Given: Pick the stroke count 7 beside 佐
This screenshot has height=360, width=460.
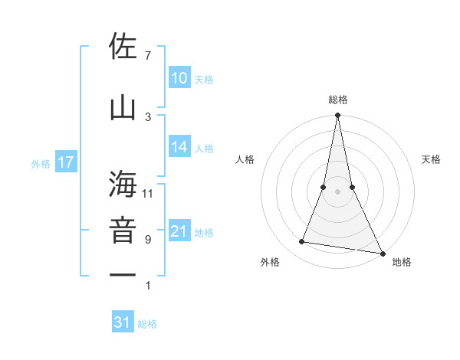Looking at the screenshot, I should pyautogui.click(x=148, y=55).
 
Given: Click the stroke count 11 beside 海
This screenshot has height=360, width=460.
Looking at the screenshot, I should pyautogui.click(x=148, y=193).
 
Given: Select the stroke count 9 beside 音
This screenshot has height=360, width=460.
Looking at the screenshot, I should pyautogui.click(x=148, y=240).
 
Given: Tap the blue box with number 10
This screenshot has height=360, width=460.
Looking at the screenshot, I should pyautogui.click(x=179, y=77).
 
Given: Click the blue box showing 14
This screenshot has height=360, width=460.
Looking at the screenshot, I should pyautogui.click(x=179, y=147).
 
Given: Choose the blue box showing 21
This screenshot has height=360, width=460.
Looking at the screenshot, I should pyautogui.click(x=179, y=231).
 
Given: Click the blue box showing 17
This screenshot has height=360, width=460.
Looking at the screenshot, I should pyautogui.click(x=65, y=162).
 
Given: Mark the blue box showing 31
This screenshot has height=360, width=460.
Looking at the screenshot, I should pyautogui.click(x=123, y=322).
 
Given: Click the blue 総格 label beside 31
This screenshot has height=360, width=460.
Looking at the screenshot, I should pyautogui.click(x=147, y=324).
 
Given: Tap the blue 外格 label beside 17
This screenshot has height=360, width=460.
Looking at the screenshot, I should pyautogui.click(x=41, y=163).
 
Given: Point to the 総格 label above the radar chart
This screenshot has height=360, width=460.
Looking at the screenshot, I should pyautogui.click(x=337, y=100).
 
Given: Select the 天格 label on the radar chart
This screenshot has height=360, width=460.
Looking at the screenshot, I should pyautogui.click(x=431, y=159).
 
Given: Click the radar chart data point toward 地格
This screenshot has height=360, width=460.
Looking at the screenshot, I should pyautogui.click(x=381, y=253).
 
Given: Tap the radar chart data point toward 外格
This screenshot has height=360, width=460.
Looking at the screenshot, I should pyautogui.click(x=302, y=242).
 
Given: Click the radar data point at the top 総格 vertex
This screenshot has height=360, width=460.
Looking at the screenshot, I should pyautogui.click(x=337, y=116).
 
